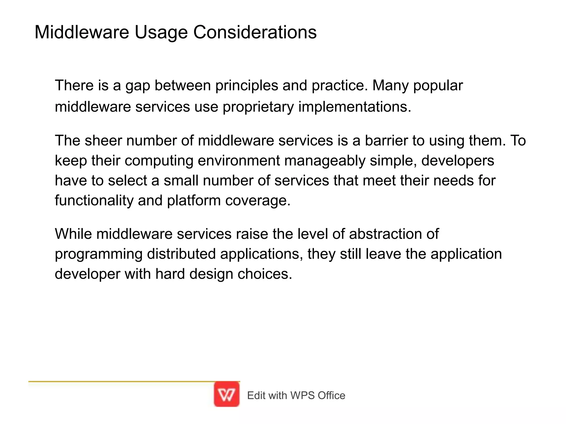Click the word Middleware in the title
pyautogui.click(x=82, y=32)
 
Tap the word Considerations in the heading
pyautogui.click(x=255, y=32)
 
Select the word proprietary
pyautogui.click(x=258, y=107)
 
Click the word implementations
pyautogui.click(x=355, y=107)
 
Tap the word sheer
pyautogui.click(x=103, y=140)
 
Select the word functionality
pyautogui.click(x=94, y=201)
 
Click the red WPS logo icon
pyautogui.click(x=227, y=394)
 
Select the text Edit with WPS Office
pyautogui.click(x=296, y=396)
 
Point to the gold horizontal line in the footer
pyautogui.click(x=122, y=381)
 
